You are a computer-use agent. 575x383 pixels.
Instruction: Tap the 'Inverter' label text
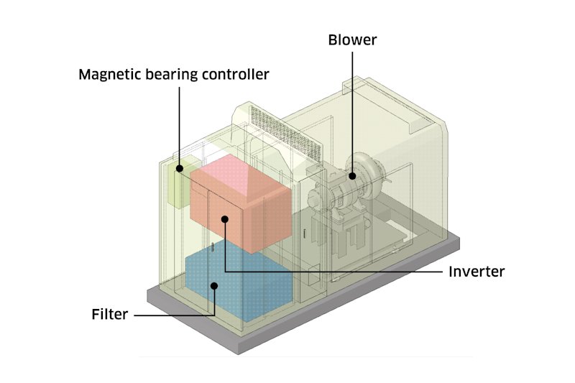pos(477,272)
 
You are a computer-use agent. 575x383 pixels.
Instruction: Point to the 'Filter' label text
pos(110,314)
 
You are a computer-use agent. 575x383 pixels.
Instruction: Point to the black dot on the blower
pos(353,175)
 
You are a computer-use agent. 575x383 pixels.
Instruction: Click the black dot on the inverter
pos(225,220)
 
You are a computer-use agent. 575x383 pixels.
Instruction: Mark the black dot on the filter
pos(214,285)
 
